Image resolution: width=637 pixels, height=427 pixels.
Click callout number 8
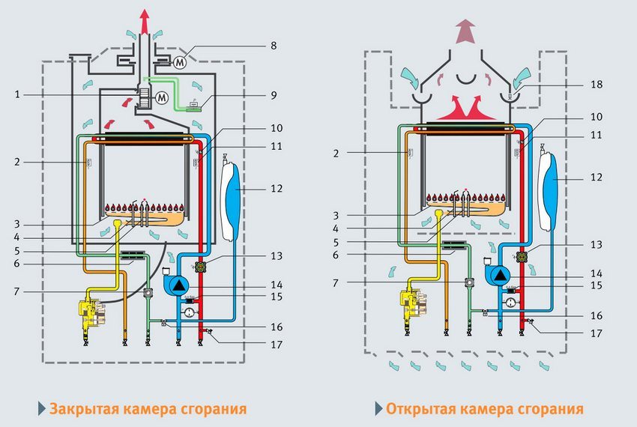273,46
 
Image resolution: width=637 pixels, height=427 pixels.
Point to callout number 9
273,95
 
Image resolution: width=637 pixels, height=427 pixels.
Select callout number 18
596,85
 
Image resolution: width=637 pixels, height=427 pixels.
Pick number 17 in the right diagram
596,333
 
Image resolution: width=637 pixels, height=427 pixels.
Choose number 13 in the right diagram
596,245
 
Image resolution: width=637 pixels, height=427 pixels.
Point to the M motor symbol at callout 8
180,62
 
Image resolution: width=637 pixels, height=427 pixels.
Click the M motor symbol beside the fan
160,97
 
